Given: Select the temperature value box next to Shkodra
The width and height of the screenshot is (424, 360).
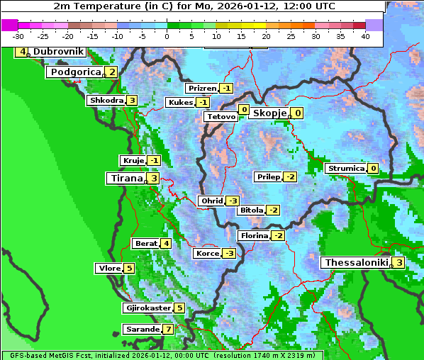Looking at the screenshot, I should pos(132,101).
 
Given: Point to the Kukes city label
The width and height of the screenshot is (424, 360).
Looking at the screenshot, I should pos(180,103).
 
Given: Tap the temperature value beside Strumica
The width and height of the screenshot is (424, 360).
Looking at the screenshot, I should pos(373,169).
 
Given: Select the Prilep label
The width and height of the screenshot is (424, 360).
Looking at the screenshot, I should pos(268,176).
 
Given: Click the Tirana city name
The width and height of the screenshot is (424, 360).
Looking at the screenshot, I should pos(125,179).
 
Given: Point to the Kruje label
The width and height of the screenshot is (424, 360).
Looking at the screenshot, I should pos(133,161).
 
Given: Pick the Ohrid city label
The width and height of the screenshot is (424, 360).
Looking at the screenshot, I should pos(212,201).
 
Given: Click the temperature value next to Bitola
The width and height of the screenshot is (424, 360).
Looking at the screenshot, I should pos(273,210).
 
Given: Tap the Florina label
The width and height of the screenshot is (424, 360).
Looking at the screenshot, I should pos(255,235).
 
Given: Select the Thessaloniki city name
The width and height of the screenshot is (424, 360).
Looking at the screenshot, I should pos(356,262).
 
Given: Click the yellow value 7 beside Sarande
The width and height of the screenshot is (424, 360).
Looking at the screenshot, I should pos(168,330).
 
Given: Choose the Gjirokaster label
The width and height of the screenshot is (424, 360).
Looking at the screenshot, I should pos(147,308).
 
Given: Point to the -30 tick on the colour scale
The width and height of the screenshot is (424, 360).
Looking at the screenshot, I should pos(18,36).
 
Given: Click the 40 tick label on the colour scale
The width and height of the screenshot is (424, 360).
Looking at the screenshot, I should pos(365,36).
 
